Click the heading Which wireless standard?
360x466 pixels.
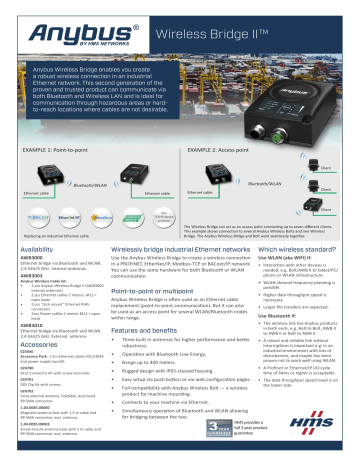click(302, 247)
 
